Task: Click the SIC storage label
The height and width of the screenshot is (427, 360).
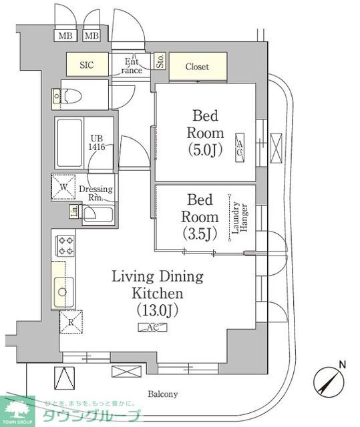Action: [x=87, y=65]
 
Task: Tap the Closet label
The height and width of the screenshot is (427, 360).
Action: [x=197, y=67]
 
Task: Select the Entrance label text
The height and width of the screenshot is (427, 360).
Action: [x=132, y=65]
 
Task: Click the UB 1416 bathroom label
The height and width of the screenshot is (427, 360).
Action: [x=98, y=143]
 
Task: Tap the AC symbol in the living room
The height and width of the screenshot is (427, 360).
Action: [x=148, y=327]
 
